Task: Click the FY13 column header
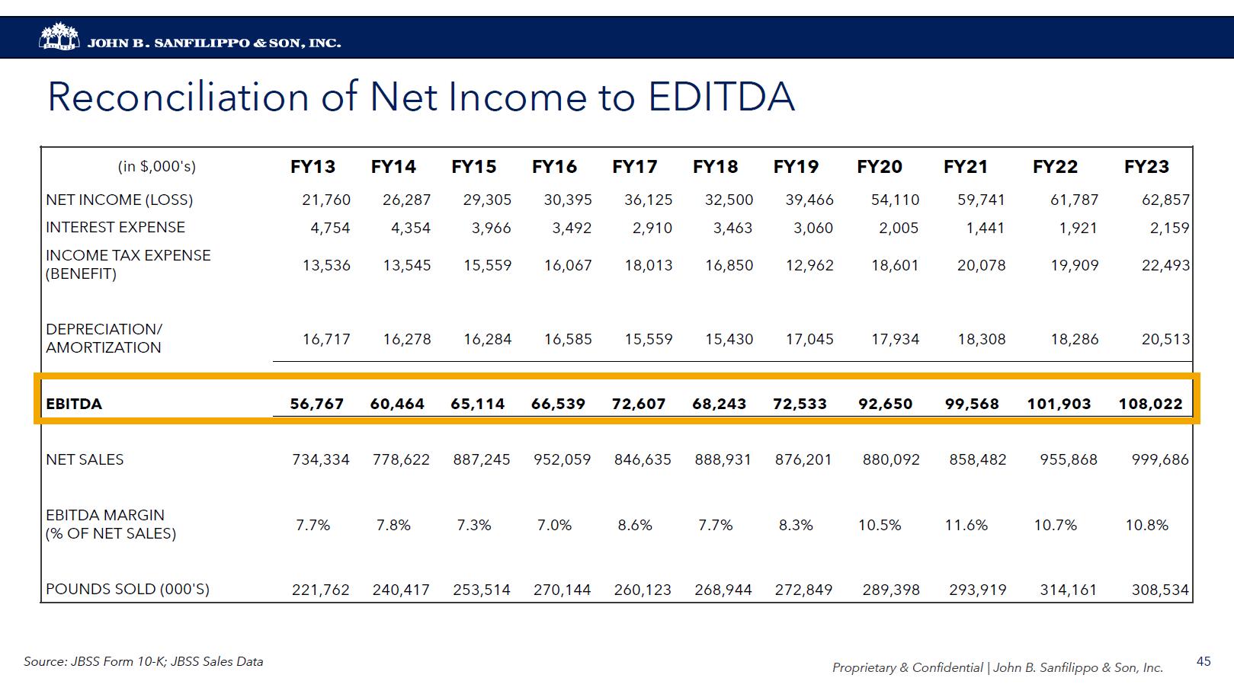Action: click(313, 167)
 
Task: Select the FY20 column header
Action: click(879, 167)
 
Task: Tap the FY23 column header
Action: click(1146, 167)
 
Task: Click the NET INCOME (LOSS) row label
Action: click(119, 200)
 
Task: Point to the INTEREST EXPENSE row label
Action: click(115, 227)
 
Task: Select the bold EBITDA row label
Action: click(74, 404)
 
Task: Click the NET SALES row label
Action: click(85, 459)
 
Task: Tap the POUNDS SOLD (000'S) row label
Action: click(127, 589)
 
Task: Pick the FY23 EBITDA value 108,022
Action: click(1150, 404)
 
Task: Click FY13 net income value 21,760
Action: click(326, 200)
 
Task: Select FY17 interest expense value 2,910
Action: click(652, 228)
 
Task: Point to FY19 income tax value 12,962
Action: click(809, 265)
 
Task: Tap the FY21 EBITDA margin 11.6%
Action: click(966, 525)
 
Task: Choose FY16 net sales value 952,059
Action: click(562, 459)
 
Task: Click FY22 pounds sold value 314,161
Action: click(1068, 590)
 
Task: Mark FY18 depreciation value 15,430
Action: click(729, 339)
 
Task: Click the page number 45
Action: click(1204, 661)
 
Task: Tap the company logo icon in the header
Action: click(59, 37)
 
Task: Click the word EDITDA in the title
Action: click(721, 98)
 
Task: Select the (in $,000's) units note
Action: click(156, 167)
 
